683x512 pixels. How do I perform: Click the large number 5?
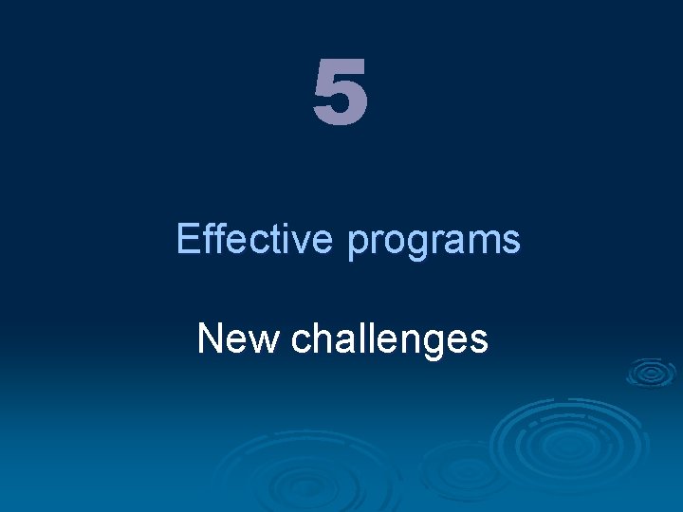(x=340, y=93)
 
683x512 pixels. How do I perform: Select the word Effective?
(x=254, y=239)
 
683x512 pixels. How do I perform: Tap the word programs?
(x=434, y=243)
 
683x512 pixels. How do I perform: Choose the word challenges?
(x=390, y=339)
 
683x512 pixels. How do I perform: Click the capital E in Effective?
(x=187, y=239)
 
